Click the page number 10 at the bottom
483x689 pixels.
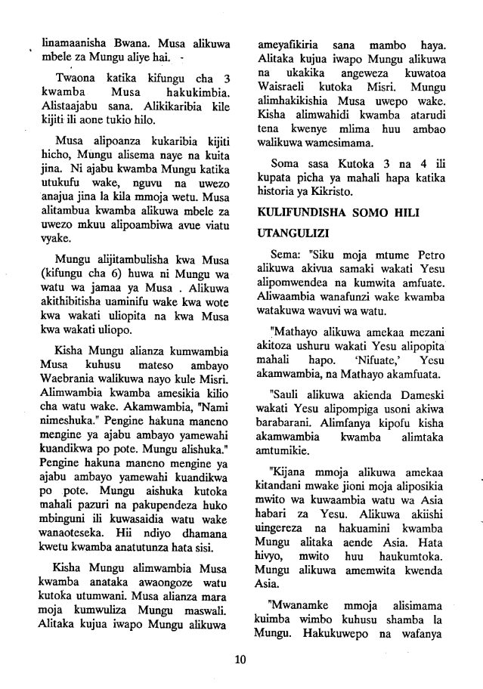tap(241, 660)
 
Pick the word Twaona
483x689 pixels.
tap(77, 80)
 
